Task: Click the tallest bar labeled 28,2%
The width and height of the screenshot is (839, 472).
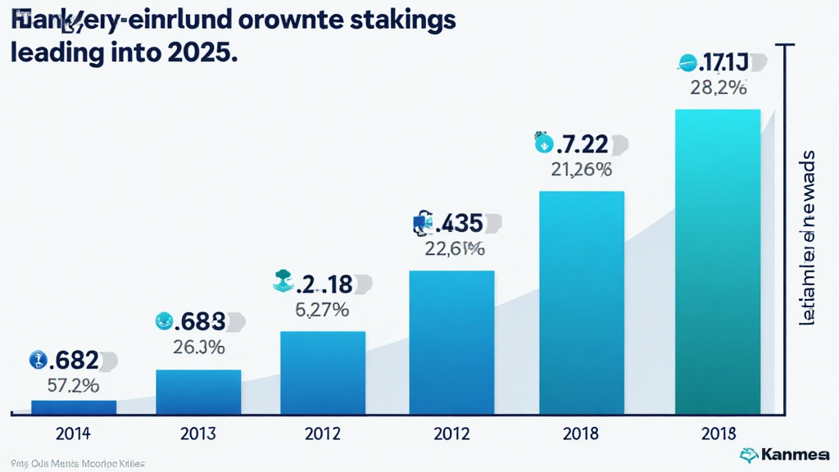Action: [717, 262]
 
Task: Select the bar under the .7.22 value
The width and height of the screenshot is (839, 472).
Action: [582, 302]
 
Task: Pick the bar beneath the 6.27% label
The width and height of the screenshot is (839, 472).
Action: [323, 372]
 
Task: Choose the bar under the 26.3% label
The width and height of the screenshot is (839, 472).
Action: [198, 392]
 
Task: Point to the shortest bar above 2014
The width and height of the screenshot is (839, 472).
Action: [74, 406]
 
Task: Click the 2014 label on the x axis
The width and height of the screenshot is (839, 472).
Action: [74, 433]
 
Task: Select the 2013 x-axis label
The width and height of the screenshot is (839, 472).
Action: [198, 433]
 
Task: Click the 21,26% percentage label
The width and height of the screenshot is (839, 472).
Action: [581, 170]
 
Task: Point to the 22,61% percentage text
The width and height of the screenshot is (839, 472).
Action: [455, 248]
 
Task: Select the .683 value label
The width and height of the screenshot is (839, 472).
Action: [202, 321]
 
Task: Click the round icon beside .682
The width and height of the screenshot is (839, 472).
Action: [37, 359]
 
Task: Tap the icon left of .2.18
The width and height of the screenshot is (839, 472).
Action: [283, 283]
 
